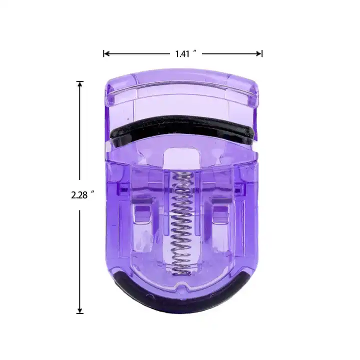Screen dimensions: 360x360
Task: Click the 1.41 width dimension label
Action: coord(182,54)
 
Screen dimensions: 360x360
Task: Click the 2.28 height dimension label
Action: coord(79,195)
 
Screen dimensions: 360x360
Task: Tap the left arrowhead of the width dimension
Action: coord(106,54)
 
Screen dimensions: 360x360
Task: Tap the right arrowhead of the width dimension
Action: coord(259,54)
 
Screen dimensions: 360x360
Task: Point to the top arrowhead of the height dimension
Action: coord(79,84)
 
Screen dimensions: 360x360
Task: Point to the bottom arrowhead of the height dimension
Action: coord(79,310)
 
